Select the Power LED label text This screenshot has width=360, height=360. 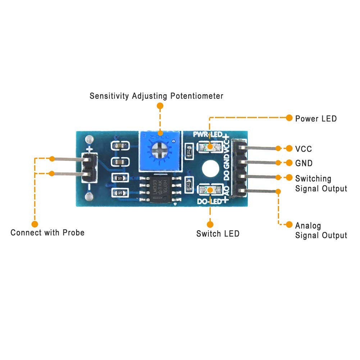316,118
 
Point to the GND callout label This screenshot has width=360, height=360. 304,163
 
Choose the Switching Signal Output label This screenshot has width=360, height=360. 321,183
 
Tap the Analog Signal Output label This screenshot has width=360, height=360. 321,231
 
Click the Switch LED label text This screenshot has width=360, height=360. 218,234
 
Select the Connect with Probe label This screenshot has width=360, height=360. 47,232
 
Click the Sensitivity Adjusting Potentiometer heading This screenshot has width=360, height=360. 156,96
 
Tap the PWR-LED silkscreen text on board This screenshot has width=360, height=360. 208,135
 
